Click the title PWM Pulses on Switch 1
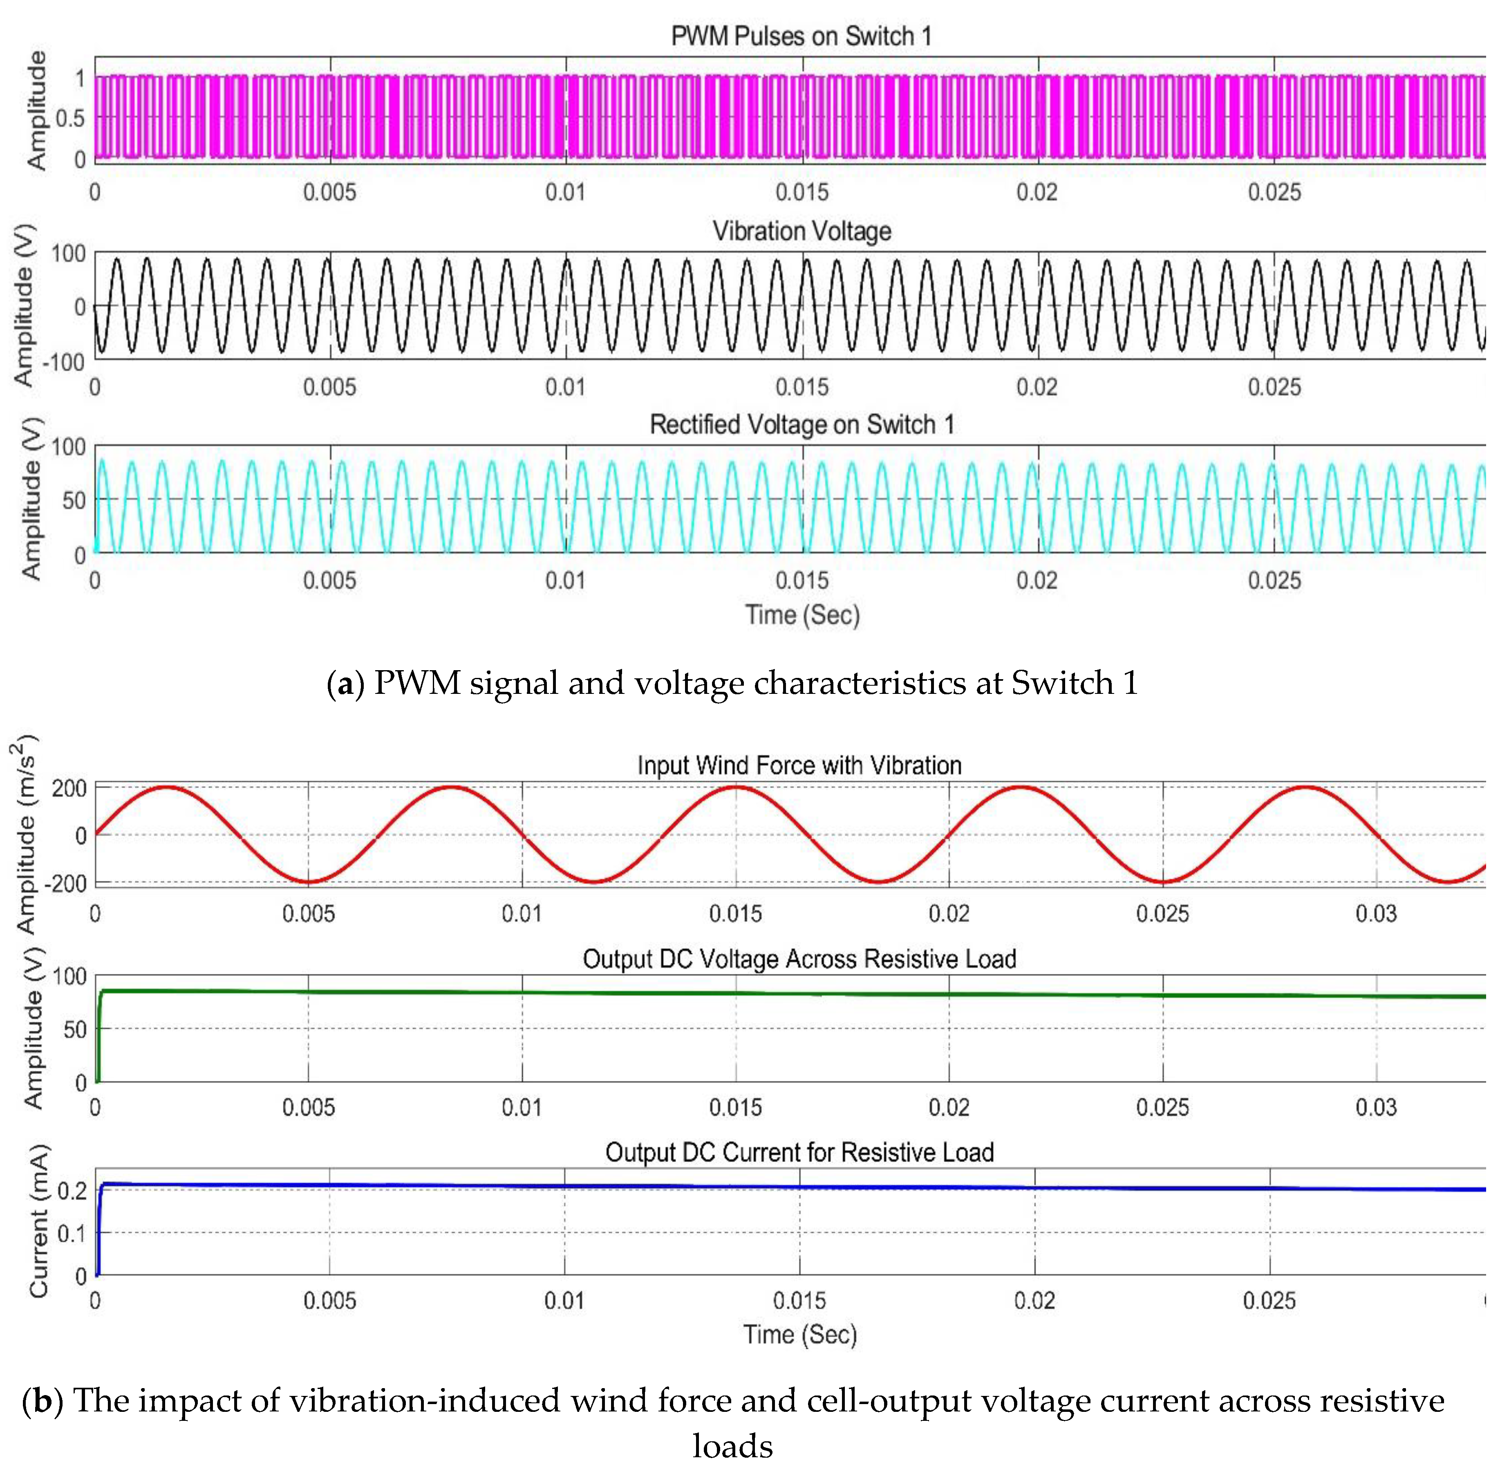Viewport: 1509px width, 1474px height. click(801, 36)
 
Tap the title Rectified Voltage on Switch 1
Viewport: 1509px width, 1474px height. click(802, 424)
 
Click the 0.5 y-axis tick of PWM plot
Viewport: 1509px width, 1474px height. click(70, 119)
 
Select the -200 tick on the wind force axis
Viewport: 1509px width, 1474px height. click(69, 883)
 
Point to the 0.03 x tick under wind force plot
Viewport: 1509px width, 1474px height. click(1376, 913)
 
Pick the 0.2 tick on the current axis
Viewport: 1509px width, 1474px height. click(72, 1190)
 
